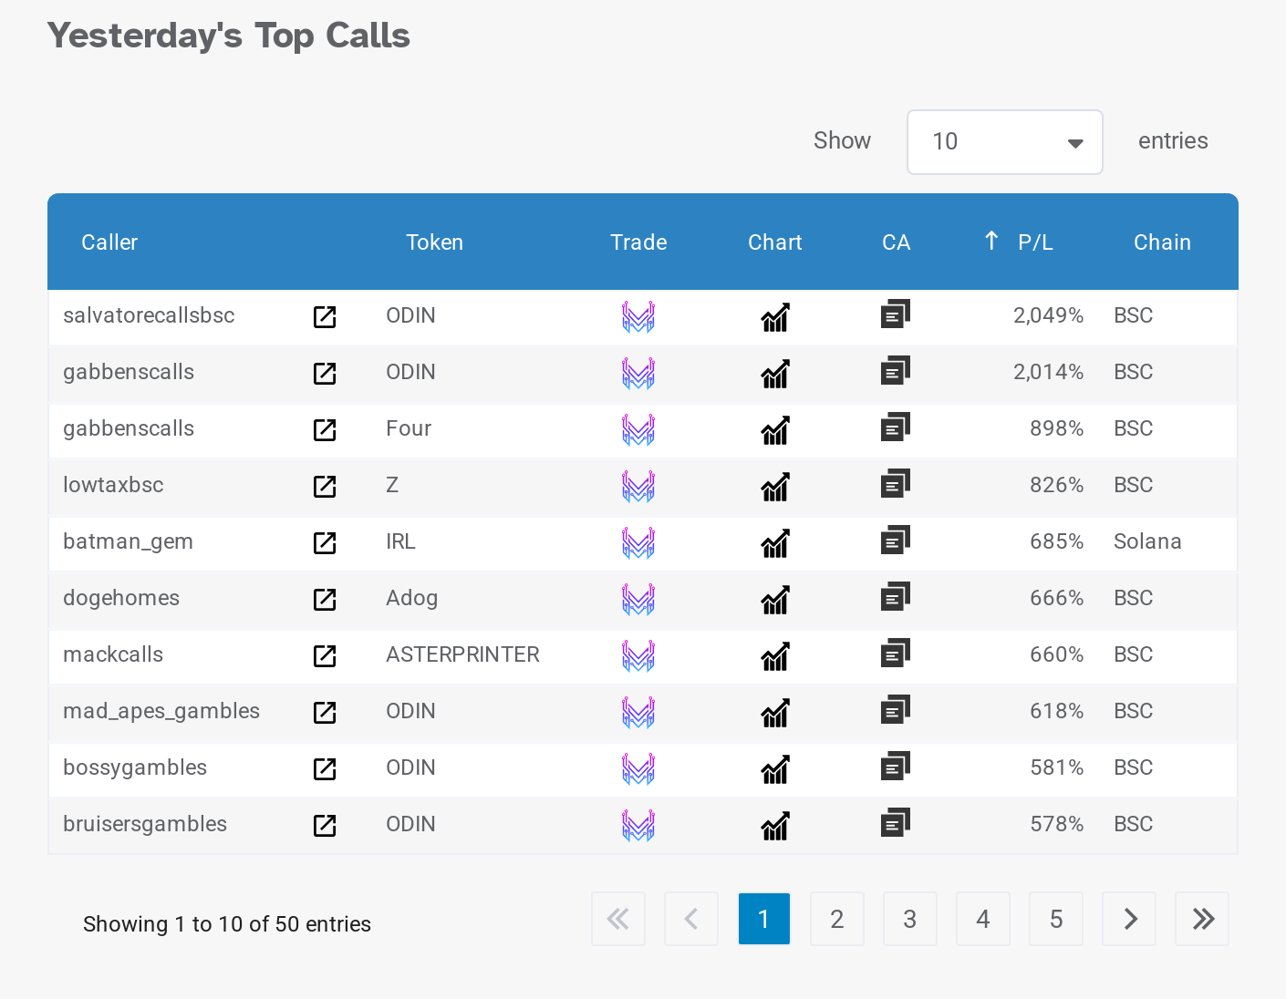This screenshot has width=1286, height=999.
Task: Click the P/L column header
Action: pyautogui.click(x=1034, y=242)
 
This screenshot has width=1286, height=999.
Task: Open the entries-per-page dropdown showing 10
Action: pyautogui.click(x=1004, y=142)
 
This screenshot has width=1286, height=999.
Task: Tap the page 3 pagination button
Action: pyautogui.click(x=909, y=919)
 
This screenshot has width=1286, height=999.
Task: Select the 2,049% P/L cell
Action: pyautogui.click(x=1048, y=315)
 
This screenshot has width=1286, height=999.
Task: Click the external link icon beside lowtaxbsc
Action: pyautogui.click(x=325, y=487)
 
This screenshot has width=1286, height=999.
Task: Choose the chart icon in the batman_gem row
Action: pyautogui.click(x=775, y=543)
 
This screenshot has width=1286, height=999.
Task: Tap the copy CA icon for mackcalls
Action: pyautogui.click(x=896, y=654)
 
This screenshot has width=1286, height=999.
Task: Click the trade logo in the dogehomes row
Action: pyautogui.click(x=638, y=599)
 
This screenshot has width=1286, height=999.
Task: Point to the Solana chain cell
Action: pyautogui.click(x=1147, y=541)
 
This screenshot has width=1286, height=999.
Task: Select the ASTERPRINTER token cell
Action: pyautogui.click(x=462, y=654)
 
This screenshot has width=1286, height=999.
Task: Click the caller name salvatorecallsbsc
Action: pyautogui.click(x=149, y=315)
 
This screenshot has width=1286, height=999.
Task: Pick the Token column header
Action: pyautogui.click(x=434, y=242)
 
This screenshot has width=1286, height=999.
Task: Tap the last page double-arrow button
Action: pyautogui.click(x=1202, y=919)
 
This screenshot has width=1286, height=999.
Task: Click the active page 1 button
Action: pyautogui.click(x=763, y=919)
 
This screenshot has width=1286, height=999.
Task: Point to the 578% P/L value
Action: pyautogui.click(x=1056, y=824)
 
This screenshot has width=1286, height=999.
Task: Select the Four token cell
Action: pyautogui.click(x=409, y=428)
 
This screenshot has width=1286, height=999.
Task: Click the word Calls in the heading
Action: pyautogui.click(x=368, y=36)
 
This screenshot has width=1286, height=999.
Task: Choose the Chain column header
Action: pyautogui.click(x=1162, y=242)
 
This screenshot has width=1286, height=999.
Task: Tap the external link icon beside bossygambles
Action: pyautogui.click(x=325, y=769)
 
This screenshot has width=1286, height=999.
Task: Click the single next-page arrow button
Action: pyautogui.click(x=1129, y=919)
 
